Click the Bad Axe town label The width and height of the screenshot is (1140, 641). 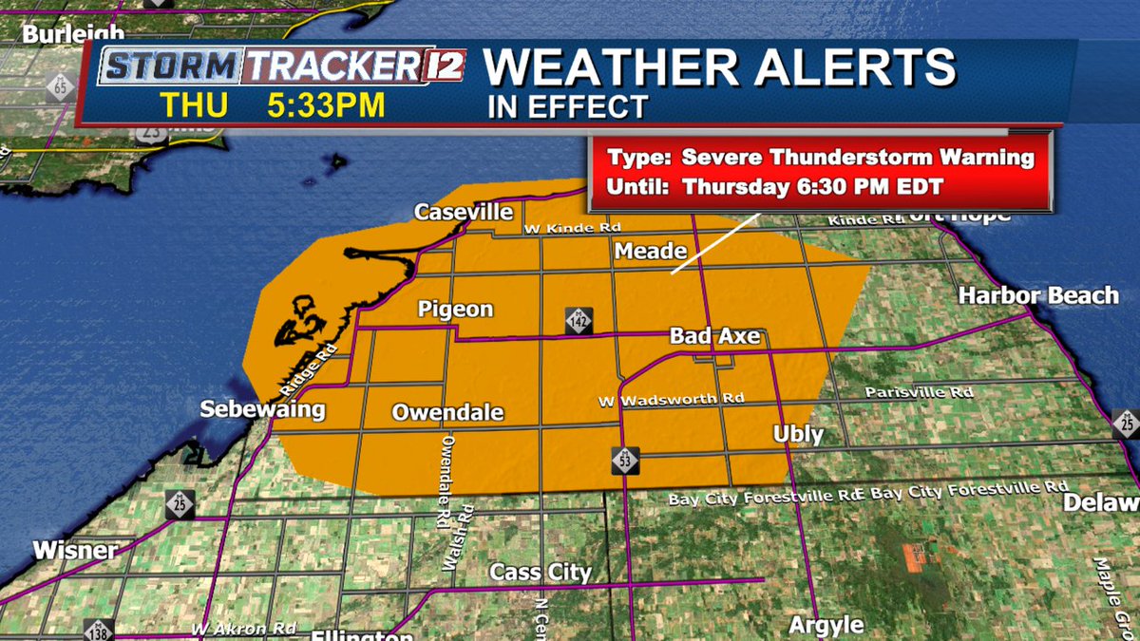pyautogui.click(x=716, y=336)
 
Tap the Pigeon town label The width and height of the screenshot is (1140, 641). pyautogui.click(x=456, y=310)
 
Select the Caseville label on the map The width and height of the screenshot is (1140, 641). pyautogui.click(x=464, y=212)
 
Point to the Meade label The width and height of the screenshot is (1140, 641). pyautogui.click(x=651, y=251)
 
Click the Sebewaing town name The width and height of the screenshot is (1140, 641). pyautogui.click(x=262, y=410)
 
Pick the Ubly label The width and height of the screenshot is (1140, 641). pyautogui.click(x=798, y=434)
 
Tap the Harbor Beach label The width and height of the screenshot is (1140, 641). pyautogui.click(x=1038, y=295)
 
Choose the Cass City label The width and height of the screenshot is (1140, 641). pyautogui.click(x=541, y=573)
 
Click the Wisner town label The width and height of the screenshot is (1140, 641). pyautogui.click(x=75, y=550)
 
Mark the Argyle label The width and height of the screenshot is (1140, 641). pyautogui.click(x=826, y=625)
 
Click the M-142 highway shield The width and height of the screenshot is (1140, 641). pyautogui.click(x=578, y=320)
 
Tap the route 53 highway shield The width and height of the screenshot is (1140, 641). pyautogui.click(x=625, y=461)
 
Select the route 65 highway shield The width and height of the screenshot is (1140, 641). pyautogui.click(x=60, y=88)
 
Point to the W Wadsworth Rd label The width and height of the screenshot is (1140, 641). pyautogui.click(x=671, y=400)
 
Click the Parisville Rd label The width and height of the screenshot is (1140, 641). pyautogui.click(x=919, y=392)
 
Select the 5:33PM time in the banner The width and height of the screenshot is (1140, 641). pyautogui.click(x=325, y=104)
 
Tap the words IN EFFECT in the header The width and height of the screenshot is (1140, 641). pyautogui.click(x=567, y=106)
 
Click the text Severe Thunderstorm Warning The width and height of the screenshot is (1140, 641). pyautogui.click(x=858, y=158)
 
